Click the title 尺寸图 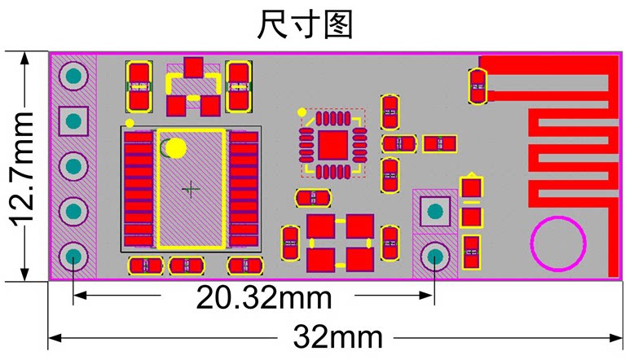(x=305, y=24)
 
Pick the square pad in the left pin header (x=74, y=122)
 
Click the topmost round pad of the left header (x=74, y=77)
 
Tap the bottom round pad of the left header (x=74, y=257)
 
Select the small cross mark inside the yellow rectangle (x=191, y=189)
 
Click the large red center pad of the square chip (x=333, y=144)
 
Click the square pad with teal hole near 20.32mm (x=434, y=212)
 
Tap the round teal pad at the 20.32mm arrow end (x=434, y=257)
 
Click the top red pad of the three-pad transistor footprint (x=193, y=68)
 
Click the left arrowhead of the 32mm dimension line (x=54, y=336)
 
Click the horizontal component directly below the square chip (x=312, y=198)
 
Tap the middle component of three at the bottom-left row (x=187, y=266)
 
